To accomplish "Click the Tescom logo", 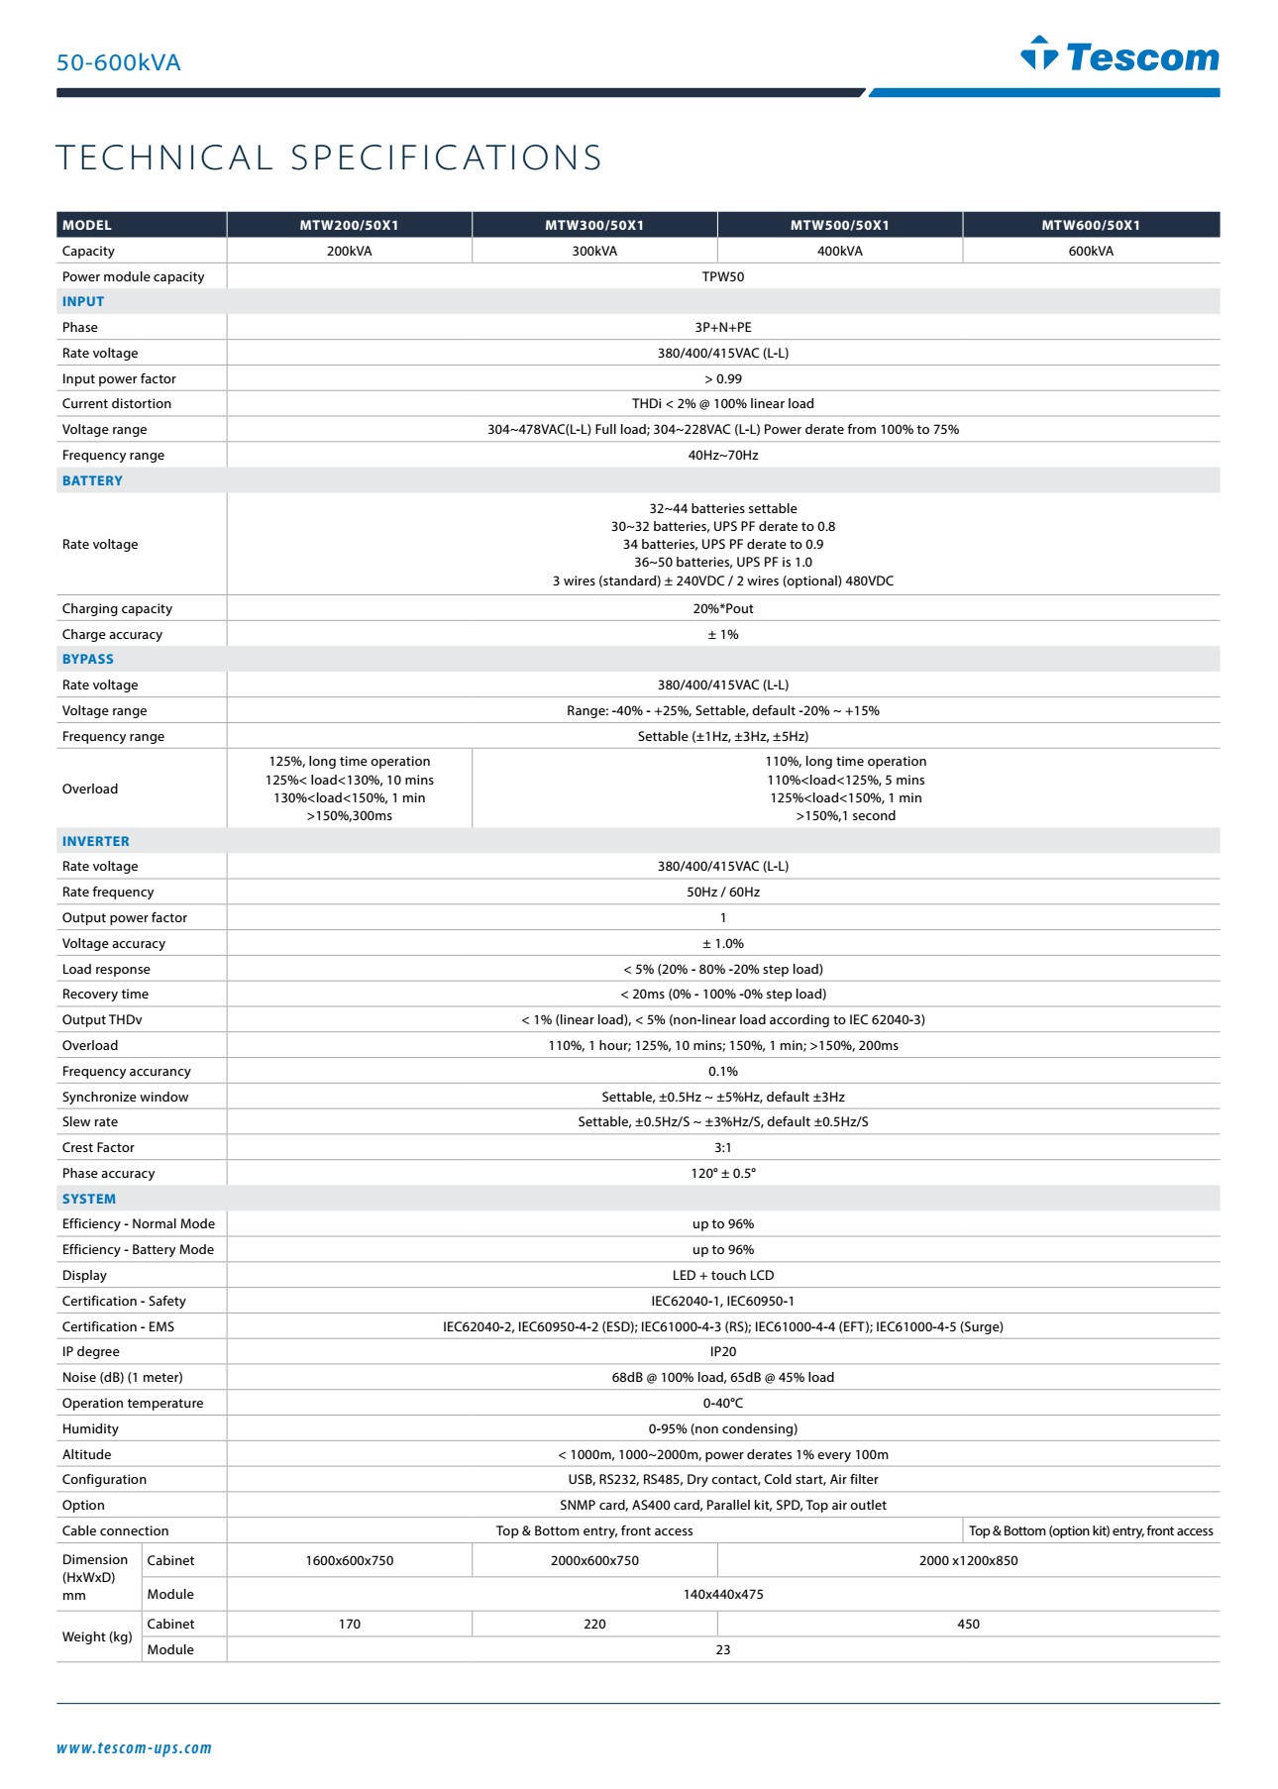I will coord(1119,55).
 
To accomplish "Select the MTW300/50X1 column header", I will coord(594,225).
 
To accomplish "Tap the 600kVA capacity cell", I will coord(1091,251).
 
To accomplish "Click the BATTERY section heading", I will coord(92,480).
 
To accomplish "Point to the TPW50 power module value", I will coord(723,276).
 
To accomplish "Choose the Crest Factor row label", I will coord(98,1147).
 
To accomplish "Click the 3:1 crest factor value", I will coord(723,1147).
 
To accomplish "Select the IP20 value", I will coord(723,1351).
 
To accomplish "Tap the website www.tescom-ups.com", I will coord(134,1747).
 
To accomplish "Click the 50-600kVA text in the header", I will coord(119,62).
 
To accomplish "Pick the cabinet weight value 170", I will coord(350,1624).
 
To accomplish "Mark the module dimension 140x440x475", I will coord(723,1594).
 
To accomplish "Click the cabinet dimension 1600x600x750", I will coord(350,1560).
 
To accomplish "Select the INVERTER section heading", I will coord(96,841).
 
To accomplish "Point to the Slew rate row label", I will coord(90,1121).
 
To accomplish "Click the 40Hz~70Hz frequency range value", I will coord(723,455).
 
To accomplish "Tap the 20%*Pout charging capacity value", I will coord(723,608).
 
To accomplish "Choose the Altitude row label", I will coord(87,1454).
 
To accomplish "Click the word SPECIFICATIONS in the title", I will coord(446,158).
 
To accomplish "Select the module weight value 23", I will coord(723,1649).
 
